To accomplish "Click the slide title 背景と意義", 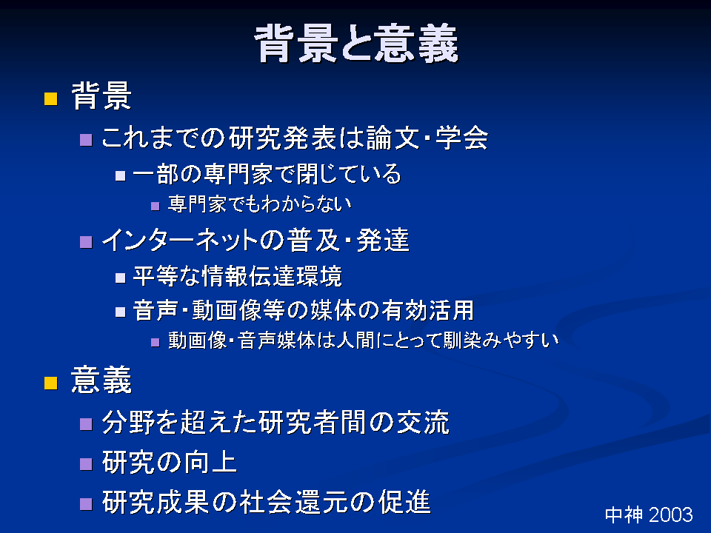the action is tap(356, 43).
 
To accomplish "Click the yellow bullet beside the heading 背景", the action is tap(51, 98).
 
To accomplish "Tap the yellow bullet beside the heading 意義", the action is tap(51, 383).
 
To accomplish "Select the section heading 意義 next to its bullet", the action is tap(101, 380).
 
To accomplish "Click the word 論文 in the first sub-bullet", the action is tap(393, 138).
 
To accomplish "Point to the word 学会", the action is tap(461, 138).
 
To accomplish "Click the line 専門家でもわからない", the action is tap(260, 204).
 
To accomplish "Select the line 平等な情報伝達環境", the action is tap(237, 276).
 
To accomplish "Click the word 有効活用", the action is tap(427, 310).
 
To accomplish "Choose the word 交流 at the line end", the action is tap(423, 423).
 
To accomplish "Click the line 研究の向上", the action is tap(169, 462).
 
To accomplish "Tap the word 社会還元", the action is tap(291, 502).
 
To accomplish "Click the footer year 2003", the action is tap(671, 515).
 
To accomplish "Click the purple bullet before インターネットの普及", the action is tap(86, 242).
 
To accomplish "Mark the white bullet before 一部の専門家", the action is tap(120, 176).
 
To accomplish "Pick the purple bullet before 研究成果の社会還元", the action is tap(86, 504).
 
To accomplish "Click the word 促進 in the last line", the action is tap(404, 502).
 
